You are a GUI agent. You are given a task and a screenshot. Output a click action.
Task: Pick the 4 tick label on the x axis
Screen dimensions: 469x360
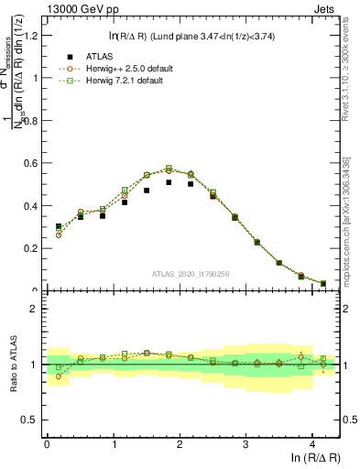pos(312,444)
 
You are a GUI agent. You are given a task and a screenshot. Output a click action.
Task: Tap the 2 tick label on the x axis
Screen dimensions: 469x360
pos(180,444)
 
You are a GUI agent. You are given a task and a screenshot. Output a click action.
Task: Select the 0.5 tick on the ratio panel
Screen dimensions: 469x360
pos(31,420)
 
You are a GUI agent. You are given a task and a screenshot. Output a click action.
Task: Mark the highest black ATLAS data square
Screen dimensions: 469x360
pos(169,182)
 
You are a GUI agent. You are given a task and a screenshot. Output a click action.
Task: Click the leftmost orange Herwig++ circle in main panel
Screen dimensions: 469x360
pos(59,234)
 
